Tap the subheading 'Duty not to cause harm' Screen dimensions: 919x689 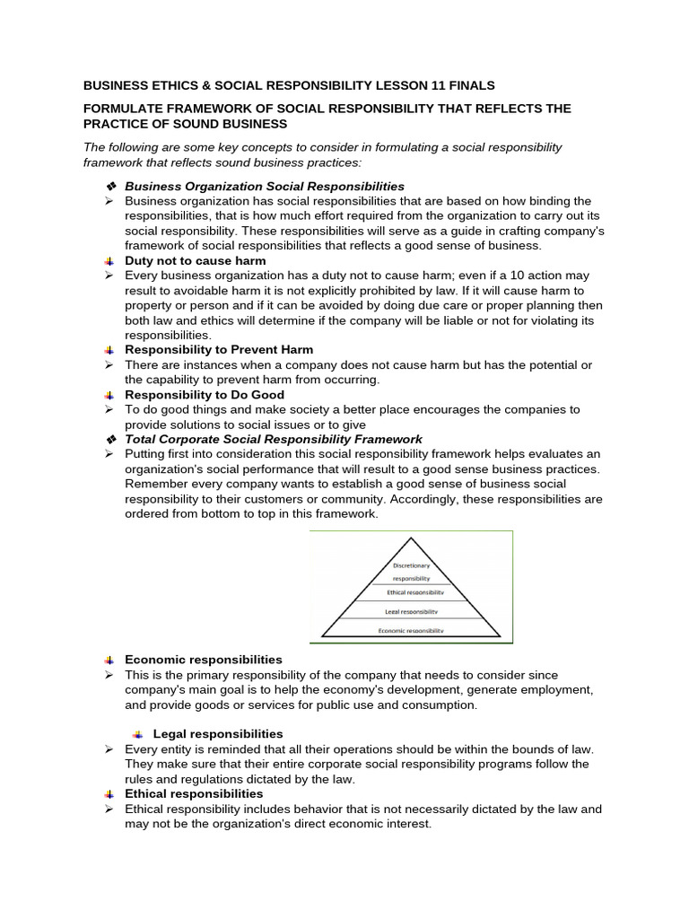(x=195, y=260)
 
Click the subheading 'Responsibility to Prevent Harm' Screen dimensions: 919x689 (x=219, y=349)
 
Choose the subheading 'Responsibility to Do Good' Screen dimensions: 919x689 (x=205, y=394)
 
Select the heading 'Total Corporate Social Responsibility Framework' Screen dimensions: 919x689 (x=274, y=439)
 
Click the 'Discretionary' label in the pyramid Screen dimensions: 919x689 (x=412, y=565)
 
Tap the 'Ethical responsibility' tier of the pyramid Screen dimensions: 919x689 (x=415, y=593)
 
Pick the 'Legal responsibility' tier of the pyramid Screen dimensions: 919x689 (x=412, y=611)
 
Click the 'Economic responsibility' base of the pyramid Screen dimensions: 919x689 (x=412, y=630)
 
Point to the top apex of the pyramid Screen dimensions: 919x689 (x=411, y=539)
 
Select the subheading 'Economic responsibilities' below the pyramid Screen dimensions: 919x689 (x=204, y=660)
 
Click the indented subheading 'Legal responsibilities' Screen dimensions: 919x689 (x=218, y=734)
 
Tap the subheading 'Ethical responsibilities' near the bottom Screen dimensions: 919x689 (x=194, y=793)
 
